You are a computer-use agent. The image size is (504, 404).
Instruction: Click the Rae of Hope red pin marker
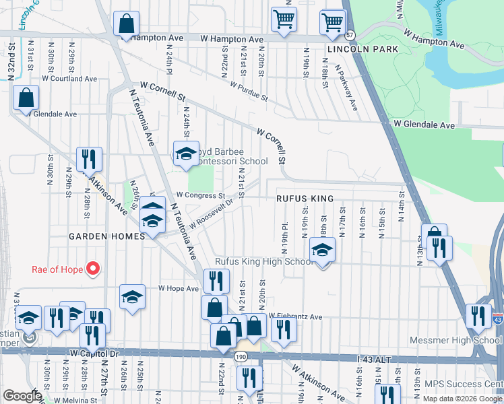pos(94,270)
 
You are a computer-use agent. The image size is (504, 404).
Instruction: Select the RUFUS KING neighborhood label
pos(305,199)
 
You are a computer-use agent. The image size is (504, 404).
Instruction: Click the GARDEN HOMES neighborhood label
pos(106,236)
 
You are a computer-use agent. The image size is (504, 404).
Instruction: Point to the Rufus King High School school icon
pos(323,250)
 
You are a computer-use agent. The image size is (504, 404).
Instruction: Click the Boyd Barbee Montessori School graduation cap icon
pos(186,154)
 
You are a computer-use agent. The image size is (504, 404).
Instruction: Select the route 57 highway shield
pos(349,34)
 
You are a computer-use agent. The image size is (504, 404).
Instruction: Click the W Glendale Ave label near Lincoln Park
pos(424,125)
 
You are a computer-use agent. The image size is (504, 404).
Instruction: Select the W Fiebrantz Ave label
pos(296,316)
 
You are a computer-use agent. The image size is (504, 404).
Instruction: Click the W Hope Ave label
pos(179,288)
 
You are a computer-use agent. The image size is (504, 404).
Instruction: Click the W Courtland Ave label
pos(69,79)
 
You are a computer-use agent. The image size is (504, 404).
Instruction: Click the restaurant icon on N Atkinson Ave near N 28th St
pos(89,160)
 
